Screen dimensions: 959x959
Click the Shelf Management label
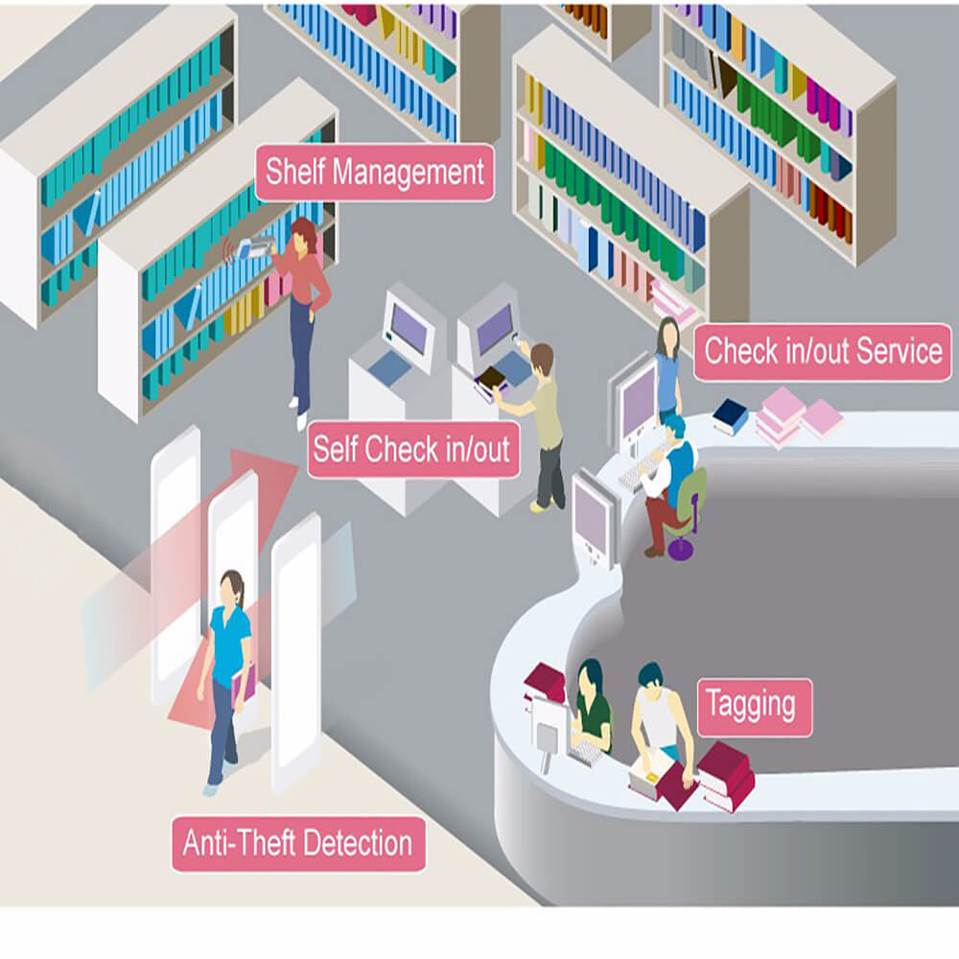[374, 173]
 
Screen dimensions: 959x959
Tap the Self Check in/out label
[412, 450]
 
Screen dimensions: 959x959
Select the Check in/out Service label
[823, 352]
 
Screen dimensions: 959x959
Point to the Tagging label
[754, 707]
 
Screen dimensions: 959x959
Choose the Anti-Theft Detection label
[298, 843]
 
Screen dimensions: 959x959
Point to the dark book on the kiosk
[492, 378]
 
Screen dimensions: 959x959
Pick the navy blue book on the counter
[730, 416]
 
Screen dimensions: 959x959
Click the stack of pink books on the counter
[795, 417]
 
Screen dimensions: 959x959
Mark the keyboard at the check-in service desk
[639, 468]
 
